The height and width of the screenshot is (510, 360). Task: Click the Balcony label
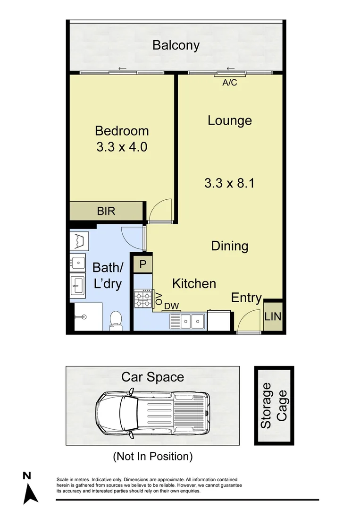176,45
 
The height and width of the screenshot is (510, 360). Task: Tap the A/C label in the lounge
229,83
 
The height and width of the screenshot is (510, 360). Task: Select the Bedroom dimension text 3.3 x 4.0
122,147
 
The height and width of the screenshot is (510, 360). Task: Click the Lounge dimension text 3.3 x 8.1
229,183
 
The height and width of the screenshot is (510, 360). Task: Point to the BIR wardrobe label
106,211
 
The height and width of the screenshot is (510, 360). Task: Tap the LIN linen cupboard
273,316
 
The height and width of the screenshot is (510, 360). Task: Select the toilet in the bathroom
115,320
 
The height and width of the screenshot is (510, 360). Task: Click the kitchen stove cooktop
142,298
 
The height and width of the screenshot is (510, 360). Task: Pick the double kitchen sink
187,321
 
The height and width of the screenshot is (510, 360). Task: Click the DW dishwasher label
172,306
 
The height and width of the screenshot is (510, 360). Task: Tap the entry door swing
247,323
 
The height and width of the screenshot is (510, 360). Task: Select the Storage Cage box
274,406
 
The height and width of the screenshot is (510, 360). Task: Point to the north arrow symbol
31,489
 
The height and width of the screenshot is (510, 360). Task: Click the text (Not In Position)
152,457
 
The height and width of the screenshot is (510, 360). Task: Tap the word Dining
229,246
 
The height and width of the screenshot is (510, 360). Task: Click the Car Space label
152,377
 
